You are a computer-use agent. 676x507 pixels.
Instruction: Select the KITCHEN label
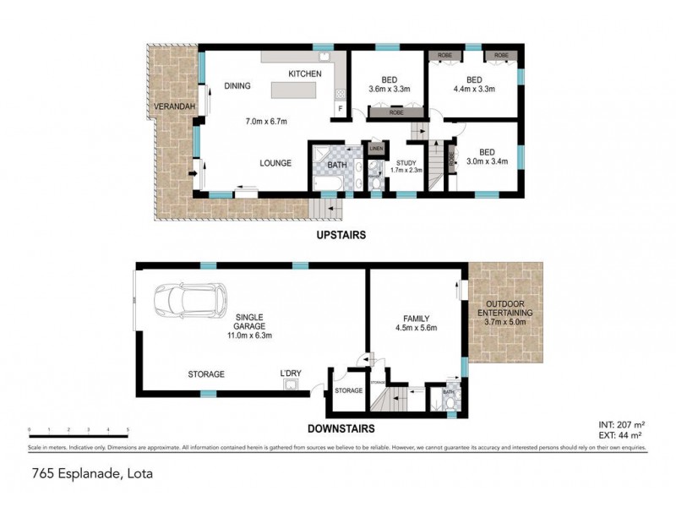(305, 74)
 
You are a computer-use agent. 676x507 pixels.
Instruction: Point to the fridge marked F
(341, 109)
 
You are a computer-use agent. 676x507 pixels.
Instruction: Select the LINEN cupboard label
(376, 150)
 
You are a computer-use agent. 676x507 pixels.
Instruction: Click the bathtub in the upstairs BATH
(324, 180)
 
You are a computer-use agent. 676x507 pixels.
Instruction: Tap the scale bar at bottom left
(79, 432)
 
